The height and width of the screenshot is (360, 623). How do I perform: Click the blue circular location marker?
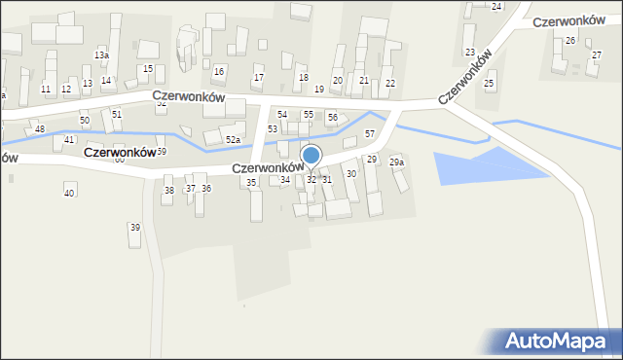[x=311, y=155]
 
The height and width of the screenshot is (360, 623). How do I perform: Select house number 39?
[x=134, y=228]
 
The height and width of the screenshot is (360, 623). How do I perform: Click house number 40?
[x=68, y=194]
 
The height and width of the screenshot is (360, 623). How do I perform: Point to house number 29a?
[x=396, y=162]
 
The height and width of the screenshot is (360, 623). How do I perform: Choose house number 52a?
[x=233, y=140]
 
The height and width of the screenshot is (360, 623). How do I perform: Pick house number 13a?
[x=101, y=55]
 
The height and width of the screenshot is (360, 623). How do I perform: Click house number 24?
[x=496, y=7]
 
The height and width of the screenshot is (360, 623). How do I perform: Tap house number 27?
[x=596, y=55]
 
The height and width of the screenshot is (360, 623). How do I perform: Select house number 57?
[x=370, y=132]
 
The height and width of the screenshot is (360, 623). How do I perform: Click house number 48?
[x=40, y=129]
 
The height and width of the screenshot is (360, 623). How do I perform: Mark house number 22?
[x=389, y=84]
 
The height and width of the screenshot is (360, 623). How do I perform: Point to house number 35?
[x=251, y=183]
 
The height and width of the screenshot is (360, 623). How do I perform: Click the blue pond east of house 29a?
[x=487, y=165]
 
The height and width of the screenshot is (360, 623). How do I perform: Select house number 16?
[x=219, y=72]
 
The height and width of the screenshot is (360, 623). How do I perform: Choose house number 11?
[x=46, y=90]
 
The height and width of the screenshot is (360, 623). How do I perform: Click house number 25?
[x=489, y=85]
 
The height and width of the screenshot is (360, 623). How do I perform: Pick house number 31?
[x=327, y=180]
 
